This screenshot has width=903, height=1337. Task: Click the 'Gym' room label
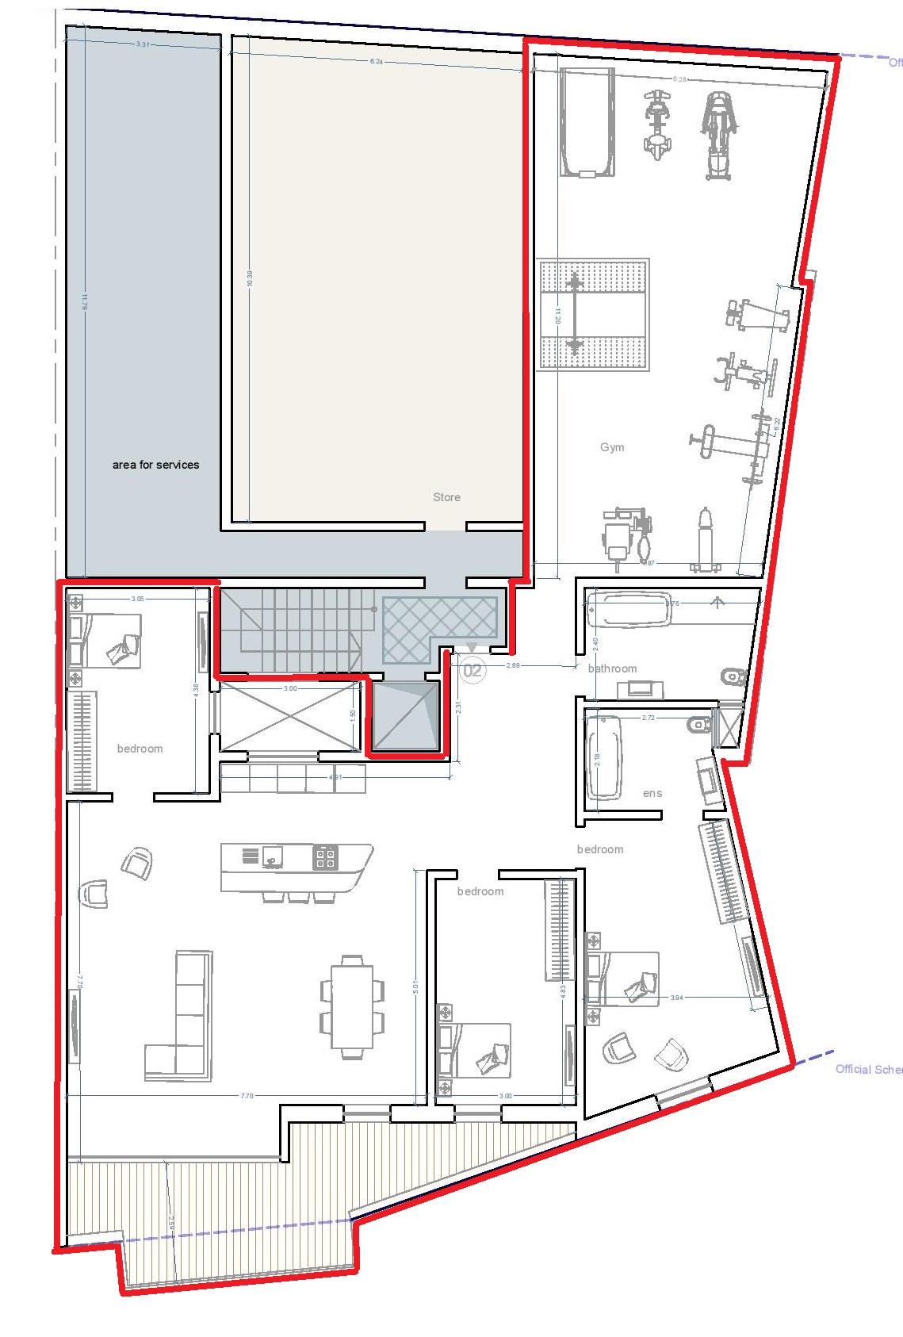[611, 447]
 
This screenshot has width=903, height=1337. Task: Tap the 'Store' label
[446, 497]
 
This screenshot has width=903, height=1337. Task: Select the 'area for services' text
[155, 465]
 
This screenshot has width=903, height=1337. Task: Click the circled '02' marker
[473, 671]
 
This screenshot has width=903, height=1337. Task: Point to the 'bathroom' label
[612, 668]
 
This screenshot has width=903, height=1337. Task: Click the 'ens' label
[652, 793]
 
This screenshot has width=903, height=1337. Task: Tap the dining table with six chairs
[352, 1006]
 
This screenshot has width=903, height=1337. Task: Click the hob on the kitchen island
[325, 856]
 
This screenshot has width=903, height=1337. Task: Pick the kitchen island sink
[273, 856]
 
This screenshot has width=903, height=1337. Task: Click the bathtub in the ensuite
[604, 757]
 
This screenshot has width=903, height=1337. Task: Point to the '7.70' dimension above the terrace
[247, 1096]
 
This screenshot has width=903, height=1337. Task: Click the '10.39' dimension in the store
[250, 278]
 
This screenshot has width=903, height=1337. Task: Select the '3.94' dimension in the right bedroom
[676, 998]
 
